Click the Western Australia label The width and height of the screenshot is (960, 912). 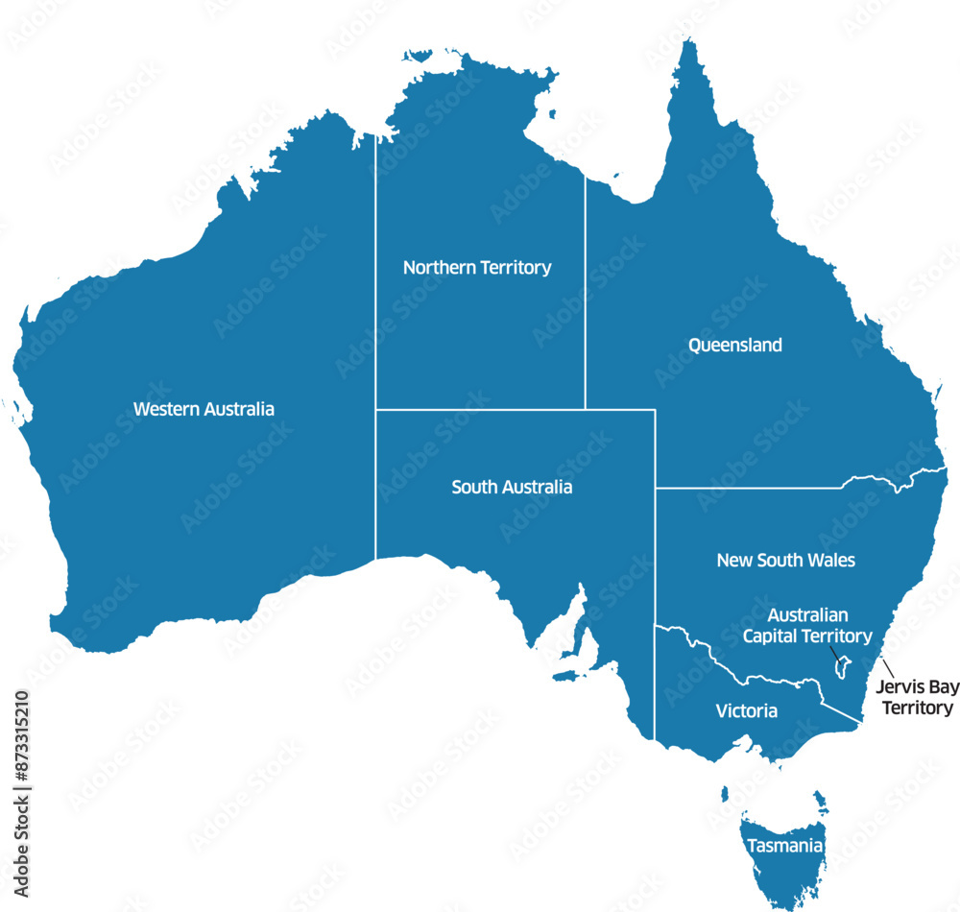[x=204, y=409]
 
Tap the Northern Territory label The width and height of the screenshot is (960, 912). [x=477, y=268]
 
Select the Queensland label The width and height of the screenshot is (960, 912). [x=735, y=345]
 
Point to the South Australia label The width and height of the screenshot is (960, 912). [x=512, y=488]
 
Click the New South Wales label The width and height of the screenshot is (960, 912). [x=785, y=560]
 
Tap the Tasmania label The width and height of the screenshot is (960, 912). [x=785, y=847]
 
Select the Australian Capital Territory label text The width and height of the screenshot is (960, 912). [x=807, y=625]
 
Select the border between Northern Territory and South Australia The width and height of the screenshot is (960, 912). [x=480, y=410]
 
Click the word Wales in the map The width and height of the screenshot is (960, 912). [x=831, y=560]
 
